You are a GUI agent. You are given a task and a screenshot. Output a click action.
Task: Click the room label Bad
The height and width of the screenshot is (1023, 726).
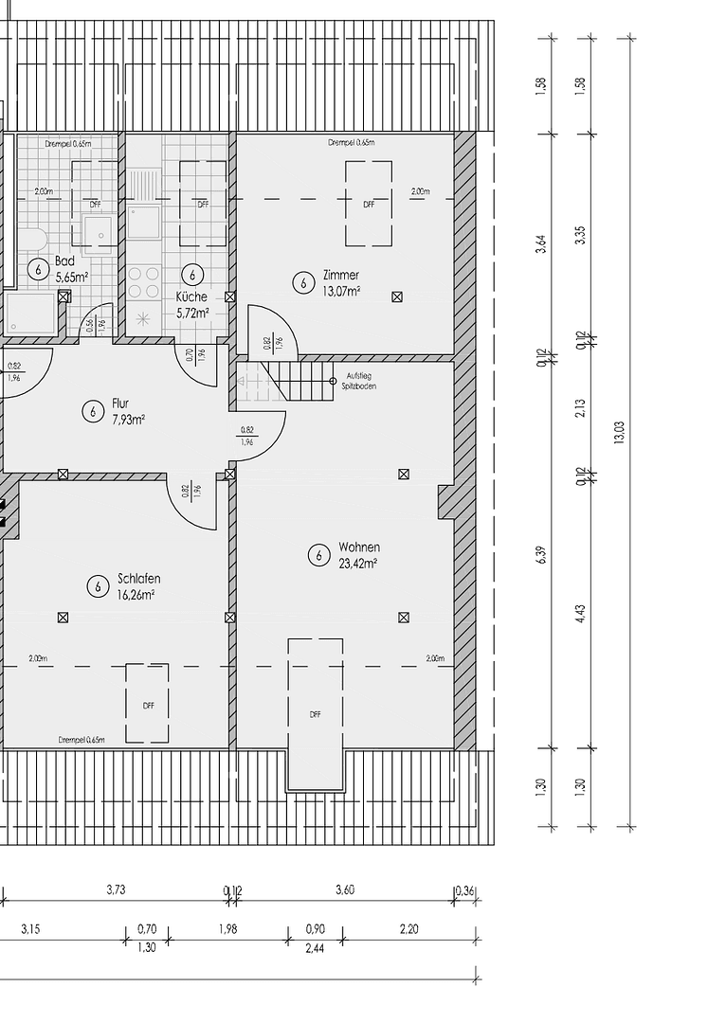coord(64,260)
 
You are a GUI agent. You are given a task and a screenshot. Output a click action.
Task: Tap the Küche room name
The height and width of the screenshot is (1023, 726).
coord(191,296)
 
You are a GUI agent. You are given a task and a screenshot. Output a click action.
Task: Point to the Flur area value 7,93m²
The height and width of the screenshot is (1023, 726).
coord(128,419)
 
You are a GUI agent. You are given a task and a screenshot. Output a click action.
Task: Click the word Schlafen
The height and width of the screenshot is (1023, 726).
coord(138,579)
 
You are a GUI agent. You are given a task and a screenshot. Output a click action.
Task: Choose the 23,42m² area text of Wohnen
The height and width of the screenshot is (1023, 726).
coord(358,563)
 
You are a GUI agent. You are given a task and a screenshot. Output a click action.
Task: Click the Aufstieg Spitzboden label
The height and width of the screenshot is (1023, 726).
coord(358,381)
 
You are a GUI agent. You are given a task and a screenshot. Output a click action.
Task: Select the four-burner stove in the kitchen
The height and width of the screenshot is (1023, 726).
coord(144,280)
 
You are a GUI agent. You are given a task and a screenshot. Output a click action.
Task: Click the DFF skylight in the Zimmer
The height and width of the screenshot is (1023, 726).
coord(369,203)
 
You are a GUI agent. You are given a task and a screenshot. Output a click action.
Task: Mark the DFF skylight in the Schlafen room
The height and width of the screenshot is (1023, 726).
coord(148,704)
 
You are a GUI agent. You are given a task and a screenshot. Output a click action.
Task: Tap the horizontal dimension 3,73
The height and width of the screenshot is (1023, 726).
coord(116,890)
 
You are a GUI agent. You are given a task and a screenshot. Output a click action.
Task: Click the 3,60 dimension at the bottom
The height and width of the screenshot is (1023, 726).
coord(346,890)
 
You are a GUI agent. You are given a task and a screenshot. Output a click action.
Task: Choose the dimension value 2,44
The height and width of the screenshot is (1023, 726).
coord(315,947)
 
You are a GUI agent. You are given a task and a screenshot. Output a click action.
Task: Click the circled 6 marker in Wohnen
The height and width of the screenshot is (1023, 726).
coord(319,555)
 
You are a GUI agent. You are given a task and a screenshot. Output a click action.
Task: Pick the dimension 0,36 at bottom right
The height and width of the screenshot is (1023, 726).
coord(464,890)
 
